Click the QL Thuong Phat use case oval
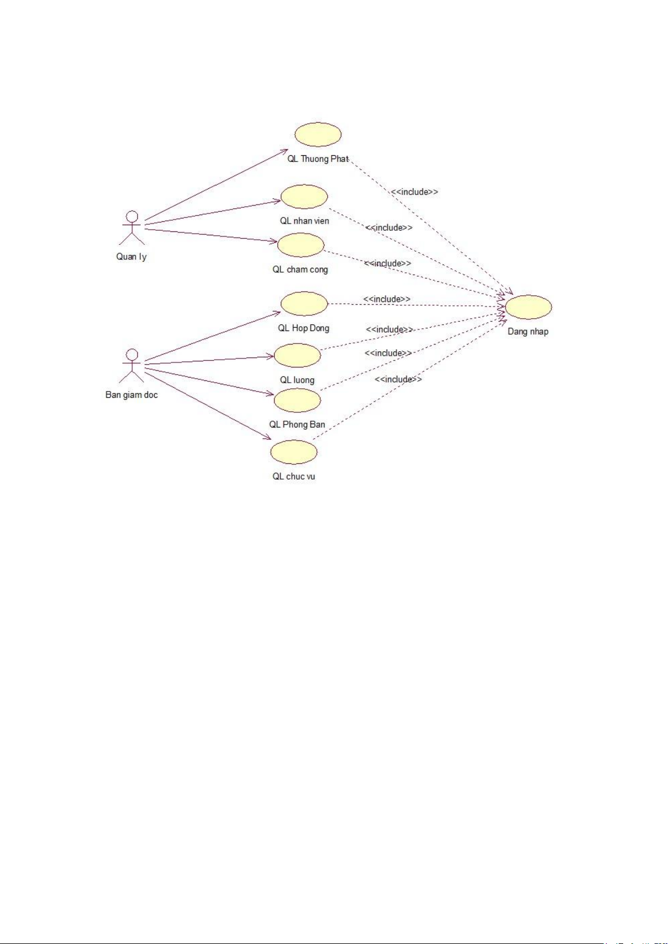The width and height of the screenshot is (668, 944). click(318, 134)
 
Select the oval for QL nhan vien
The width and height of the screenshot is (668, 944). click(304, 197)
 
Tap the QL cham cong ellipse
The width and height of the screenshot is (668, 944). click(300, 245)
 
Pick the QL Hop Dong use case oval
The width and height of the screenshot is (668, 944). click(304, 304)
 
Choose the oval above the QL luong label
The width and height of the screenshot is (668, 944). click(297, 355)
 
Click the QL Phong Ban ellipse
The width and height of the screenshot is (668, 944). click(297, 400)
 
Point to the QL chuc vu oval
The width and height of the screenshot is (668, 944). click(294, 452)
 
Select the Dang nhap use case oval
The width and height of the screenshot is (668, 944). click(528, 307)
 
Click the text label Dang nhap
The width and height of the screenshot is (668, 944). click(528, 332)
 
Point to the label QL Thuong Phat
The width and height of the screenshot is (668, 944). click(318, 159)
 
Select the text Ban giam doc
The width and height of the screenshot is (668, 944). click(132, 395)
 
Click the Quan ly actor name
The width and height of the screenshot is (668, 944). click(131, 257)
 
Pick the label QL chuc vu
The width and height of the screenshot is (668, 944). click(294, 477)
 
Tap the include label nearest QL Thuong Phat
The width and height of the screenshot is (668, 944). click(415, 192)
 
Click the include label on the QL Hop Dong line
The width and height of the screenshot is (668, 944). click(387, 299)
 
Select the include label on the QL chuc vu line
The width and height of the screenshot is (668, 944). click(398, 379)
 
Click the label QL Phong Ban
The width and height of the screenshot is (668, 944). click(297, 425)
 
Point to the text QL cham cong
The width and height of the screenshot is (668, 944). click(300, 269)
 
